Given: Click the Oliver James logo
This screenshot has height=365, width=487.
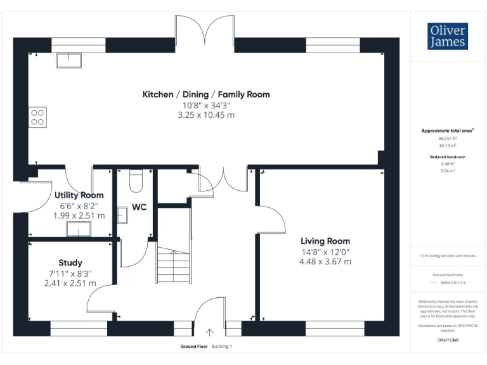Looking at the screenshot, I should pyautogui.click(x=448, y=36).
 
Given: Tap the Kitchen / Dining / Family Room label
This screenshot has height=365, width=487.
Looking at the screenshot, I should pyautogui.click(x=205, y=94).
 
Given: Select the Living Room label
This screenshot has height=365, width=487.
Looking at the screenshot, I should pyautogui.click(x=325, y=241).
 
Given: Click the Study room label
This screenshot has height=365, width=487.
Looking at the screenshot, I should pyautogui.click(x=70, y=262).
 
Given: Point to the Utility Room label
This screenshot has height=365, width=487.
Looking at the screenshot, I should pyautogui.click(x=79, y=195).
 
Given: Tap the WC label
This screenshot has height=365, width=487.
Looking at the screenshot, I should pyautogui.click(x=139, y=207).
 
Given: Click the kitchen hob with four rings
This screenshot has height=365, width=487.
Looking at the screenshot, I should pyautogui.click(x=37, y=117).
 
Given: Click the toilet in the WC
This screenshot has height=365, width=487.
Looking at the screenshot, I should pyautogui.click(x=134, y=182).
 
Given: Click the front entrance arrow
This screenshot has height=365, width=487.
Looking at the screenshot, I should pyautogui.click(x=209, y=331).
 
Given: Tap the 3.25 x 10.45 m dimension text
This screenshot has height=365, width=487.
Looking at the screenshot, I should pyautogui.click(x=205, y=115).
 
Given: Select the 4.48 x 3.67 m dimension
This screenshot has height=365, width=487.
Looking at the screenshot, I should pyautogui.click(x=325, y=261).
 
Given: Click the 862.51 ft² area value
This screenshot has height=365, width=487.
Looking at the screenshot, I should pyautogui.click(x=448, y=138).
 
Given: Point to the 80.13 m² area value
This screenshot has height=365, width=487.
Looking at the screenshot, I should pyautogui.click(x=448, y=145).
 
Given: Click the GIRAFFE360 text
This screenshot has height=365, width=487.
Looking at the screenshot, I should pyautogui.click(x=448, y=340).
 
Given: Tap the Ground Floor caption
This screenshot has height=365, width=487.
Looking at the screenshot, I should pyautogui.click(x=193, y=347).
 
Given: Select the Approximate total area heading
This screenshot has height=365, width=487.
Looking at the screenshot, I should pyautogui.click(x=448, y=131).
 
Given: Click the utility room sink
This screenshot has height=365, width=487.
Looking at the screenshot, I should pyautogui.click(x=79, y=230).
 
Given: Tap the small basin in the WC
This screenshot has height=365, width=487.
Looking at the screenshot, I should pyautogui.click(x=122, y=217).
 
